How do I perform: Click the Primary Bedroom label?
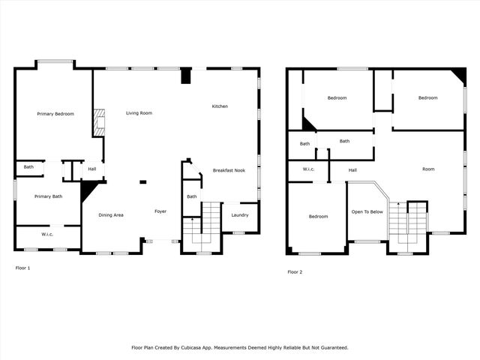(55, 113)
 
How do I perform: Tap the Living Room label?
(139, 112)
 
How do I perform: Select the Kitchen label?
(220, 106)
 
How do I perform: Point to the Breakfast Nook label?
(229, 170)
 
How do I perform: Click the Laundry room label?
(239, 215)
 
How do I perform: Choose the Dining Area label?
(111, 215)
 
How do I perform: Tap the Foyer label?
(160, 211)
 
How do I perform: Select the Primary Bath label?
(46, 196)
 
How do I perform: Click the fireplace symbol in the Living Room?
(98, 123)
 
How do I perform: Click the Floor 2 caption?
(295, 271)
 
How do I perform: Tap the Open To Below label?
(367, 211)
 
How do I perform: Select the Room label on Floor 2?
(428, 169)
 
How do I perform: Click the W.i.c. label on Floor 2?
(308, 169)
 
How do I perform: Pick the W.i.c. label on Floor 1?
(46, 235)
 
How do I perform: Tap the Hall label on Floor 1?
(91, 169)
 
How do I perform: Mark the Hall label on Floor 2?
(352, 169)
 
